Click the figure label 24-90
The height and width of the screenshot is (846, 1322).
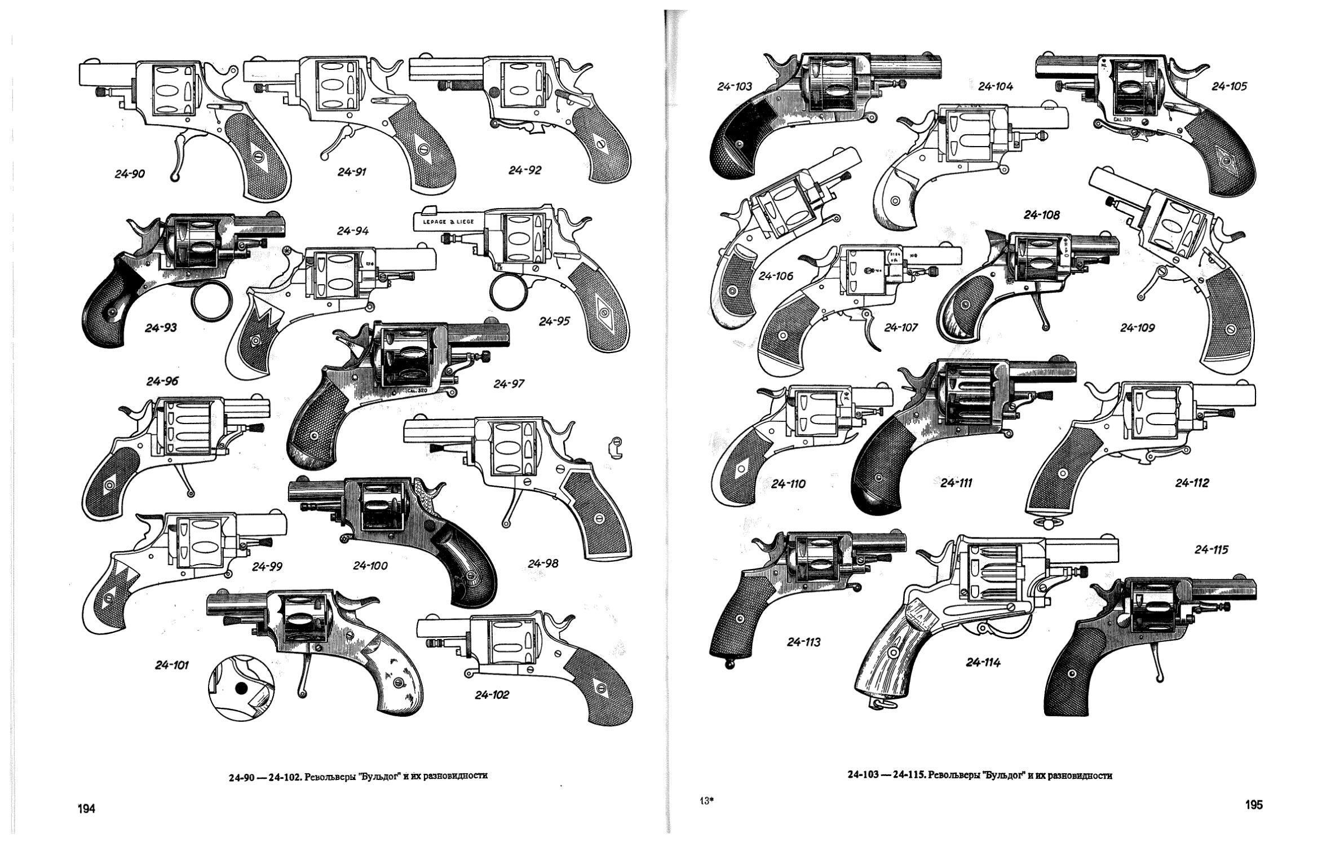tap(130, 174)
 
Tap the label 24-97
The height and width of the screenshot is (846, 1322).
tap(509, 384)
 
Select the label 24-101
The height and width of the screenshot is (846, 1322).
tap(172, 666)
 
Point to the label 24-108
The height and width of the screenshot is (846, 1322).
tap(1042, 215)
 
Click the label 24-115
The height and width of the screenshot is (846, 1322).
tap(1212, 549)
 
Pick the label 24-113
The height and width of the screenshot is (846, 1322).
tap(804, 642)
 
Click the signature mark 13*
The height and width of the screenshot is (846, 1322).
tap(706, 799)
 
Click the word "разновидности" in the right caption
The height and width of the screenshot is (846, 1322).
tap(1078, 775)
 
